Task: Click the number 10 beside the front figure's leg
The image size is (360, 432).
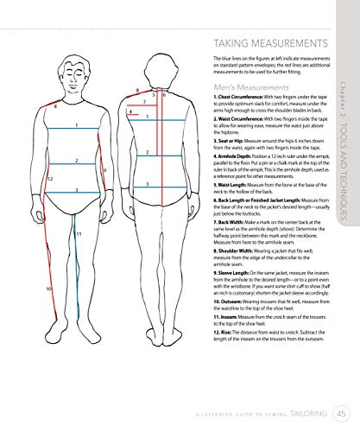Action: pos(49,289)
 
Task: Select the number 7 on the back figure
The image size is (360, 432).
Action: pos(143,102)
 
